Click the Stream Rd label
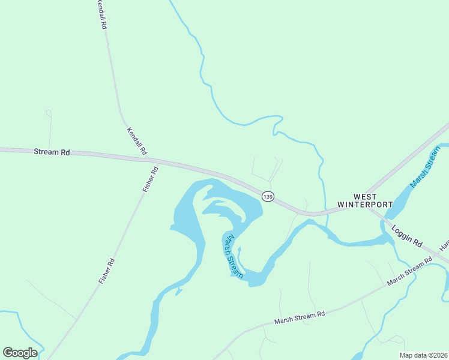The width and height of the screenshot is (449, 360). pos(52,152)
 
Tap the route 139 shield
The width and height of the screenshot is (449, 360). pos(268,196)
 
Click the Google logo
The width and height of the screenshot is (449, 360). pos(20,353)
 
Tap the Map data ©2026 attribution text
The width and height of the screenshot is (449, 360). pos(423,355)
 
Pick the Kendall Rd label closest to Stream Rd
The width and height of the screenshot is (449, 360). pos(137,142)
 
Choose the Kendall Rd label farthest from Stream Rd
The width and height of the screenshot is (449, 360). pos(101,15)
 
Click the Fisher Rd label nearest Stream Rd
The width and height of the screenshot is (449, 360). pos(150,179)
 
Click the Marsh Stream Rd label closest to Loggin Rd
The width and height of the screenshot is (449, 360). pos(409,271)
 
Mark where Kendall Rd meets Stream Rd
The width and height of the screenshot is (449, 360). pos(148,159)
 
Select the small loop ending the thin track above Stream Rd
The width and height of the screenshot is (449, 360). pos(49,112)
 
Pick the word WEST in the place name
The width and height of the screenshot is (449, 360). pos(365,197)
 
